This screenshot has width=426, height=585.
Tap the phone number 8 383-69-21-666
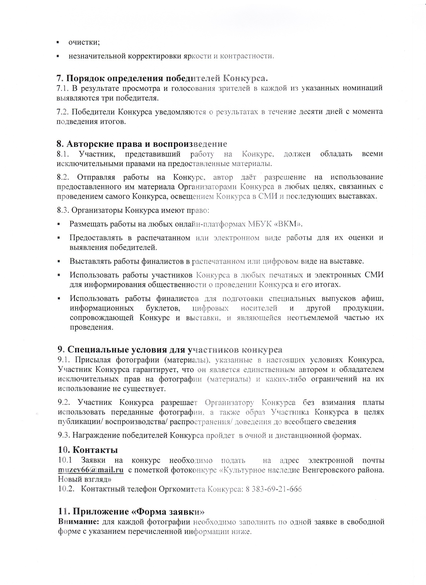tap(274, 489)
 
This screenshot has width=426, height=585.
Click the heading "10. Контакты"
tap(88, 450)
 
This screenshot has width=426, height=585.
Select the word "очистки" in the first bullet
tap(84, 42)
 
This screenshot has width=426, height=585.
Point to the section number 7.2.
tap(63, 111)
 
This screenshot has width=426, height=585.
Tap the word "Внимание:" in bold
tap(79, 522)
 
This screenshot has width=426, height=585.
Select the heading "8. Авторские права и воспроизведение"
tap(142, 144)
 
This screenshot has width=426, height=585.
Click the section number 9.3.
tap(64, 435)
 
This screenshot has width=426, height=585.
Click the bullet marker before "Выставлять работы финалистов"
tap(59, 261)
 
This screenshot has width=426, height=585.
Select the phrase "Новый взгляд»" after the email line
tap(85, 480)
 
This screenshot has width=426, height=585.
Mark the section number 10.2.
tap(65, 489)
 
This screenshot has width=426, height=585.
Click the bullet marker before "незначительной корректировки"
tap(58, 56)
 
